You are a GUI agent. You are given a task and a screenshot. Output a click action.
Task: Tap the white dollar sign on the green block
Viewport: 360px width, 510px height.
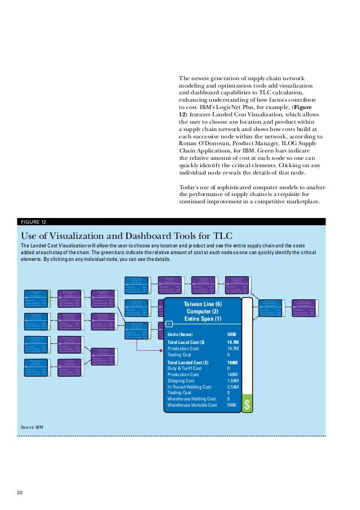tap(247, 406)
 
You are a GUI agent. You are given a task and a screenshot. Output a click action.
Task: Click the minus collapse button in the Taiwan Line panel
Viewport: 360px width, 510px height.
tap(169, 324)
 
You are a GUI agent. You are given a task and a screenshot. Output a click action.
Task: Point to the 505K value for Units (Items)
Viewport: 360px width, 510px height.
tap(231, 334)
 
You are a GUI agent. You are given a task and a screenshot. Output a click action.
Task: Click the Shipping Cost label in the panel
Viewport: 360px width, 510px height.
tap(183, 381)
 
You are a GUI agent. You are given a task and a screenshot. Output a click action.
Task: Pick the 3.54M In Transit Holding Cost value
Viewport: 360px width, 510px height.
tap(232, 387)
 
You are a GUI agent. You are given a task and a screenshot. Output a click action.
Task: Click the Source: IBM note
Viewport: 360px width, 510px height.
tap(32, 427)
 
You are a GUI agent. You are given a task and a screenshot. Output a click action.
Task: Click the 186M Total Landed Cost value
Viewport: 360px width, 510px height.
tap(231, 363)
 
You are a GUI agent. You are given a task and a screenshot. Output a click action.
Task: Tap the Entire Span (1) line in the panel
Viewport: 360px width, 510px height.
tap(203, 320)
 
